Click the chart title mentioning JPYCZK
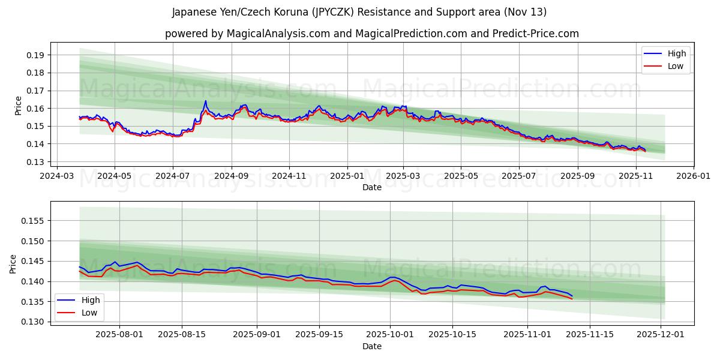coord(359,12)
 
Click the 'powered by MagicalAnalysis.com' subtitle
coord(371,34)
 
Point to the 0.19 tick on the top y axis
coord(37,55)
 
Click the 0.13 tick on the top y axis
coord(37,162)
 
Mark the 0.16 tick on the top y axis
coord(37,109)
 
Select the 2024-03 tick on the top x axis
coord(56,176)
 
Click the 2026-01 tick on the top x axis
coord(693,176)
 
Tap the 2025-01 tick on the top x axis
coord(347,176)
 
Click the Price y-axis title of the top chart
coord(18,106)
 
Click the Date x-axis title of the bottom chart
coord(371,347)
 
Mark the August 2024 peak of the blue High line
coord(205,101)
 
